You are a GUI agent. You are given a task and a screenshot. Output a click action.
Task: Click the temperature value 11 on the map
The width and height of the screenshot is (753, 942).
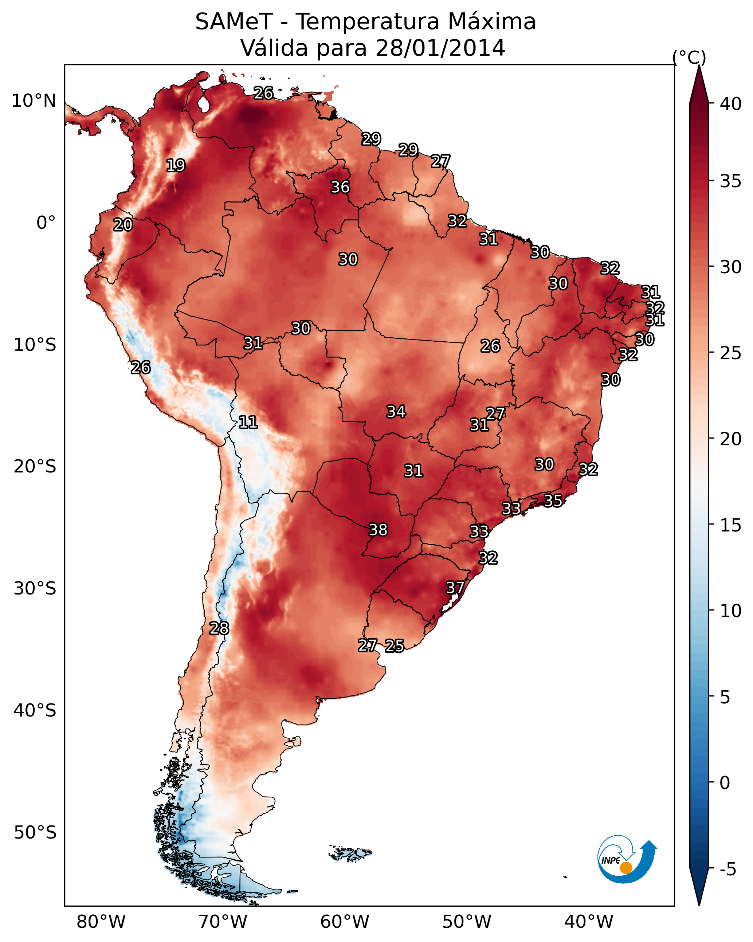[248, 422]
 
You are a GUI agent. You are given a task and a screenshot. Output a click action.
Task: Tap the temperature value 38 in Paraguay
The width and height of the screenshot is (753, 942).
[378, 530]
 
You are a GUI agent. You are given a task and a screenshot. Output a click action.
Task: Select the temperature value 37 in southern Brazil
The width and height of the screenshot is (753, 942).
[455, 587]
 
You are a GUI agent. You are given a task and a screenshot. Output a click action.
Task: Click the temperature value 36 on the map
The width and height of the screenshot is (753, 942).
[340, 187]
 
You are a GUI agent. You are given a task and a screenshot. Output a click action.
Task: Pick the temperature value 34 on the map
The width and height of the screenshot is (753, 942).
[396, 411]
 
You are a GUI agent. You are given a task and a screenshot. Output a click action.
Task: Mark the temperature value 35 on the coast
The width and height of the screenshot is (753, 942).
[553, 500]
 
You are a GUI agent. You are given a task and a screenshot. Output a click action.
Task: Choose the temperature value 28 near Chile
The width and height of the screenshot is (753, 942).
[219, 628]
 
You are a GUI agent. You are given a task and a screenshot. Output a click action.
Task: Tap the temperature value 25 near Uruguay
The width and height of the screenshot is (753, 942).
[394, 645]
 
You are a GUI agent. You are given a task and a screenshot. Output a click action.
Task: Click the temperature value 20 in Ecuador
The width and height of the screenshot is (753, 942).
[123, 225]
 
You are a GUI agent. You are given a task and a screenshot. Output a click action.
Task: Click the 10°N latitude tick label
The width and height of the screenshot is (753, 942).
[34, 101]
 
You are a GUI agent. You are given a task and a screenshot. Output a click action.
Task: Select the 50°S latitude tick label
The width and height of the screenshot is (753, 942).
[35, 832]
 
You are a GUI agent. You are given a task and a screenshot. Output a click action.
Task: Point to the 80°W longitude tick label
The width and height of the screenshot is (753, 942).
[101, 922]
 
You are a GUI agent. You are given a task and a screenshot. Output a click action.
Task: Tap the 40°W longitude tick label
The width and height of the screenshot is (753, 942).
[589, 922]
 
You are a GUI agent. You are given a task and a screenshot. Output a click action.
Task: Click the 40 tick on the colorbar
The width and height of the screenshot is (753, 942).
[730, 104]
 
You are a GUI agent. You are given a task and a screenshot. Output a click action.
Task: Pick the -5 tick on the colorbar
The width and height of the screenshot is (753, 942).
[727, 870]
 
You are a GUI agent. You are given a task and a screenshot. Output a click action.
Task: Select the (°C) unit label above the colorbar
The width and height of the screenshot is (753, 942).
[689, 57]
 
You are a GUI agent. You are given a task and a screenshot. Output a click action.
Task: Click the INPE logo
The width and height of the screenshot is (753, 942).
[626, 859]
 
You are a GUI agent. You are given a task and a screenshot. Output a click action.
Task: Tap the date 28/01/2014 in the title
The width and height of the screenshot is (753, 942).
[440, 48]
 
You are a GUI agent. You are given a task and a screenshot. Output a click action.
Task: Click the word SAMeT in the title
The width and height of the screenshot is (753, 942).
[234, 22]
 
